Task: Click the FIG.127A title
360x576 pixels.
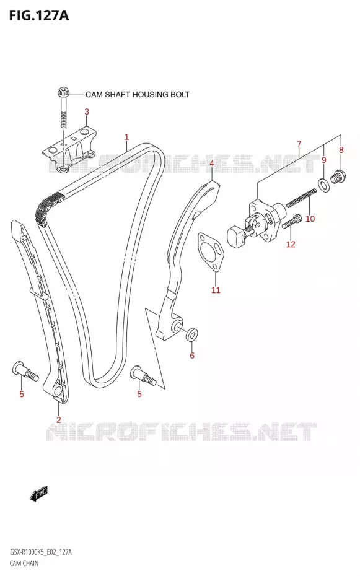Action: (38, 15)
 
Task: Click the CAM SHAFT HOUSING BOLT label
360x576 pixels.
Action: (138, 94)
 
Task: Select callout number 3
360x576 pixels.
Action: (87, 111)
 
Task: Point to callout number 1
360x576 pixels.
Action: (127, 137)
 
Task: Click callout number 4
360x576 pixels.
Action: (211, 163)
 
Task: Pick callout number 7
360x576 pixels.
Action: (299, 144)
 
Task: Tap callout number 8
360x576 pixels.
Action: (341, 150)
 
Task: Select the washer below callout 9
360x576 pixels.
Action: (323, 185)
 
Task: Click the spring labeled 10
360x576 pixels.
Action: (301, 198)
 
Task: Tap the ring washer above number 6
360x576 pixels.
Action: (191, 334)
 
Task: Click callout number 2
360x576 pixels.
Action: (59, 419)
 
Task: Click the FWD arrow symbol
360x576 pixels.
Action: (39, 494)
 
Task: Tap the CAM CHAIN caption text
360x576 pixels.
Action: (24, 563)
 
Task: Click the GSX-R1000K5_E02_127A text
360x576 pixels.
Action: (40, 552)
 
